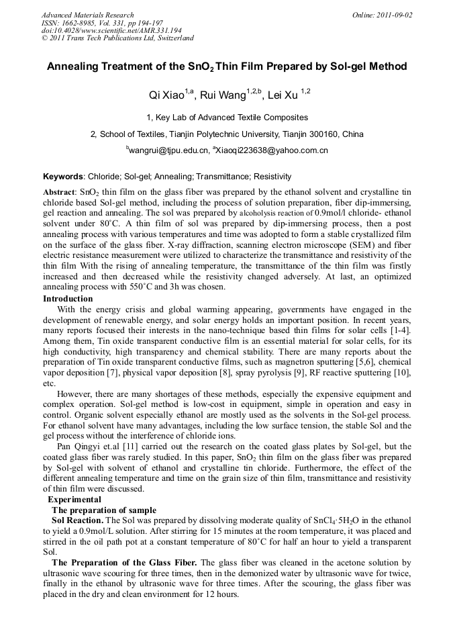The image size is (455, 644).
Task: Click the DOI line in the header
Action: pos(111,30)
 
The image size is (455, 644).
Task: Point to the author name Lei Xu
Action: pos(282,95)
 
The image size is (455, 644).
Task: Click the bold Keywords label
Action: pos(63,177)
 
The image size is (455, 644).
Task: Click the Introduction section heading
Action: pos(68,299)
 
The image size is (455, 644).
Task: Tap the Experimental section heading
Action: pos(74,500)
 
